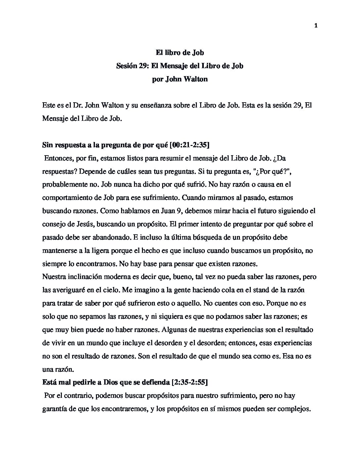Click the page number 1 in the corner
coord(316,25)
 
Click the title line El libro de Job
coord(180,52)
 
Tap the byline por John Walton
coord(180,79)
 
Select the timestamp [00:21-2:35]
coord(189,145)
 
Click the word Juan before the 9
coord(164,211)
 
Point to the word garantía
coord(55,409)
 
